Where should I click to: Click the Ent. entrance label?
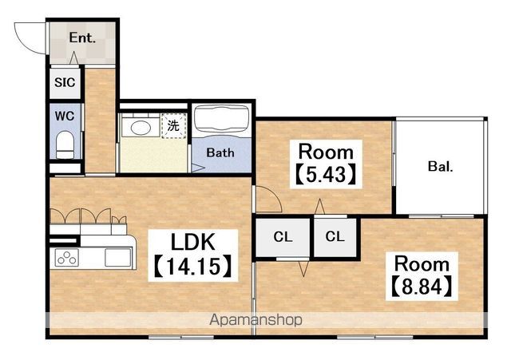click(82, 38)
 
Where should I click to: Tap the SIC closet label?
click(65, 82)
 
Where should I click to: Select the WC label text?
click(65, 116)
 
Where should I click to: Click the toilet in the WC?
click(65, 144)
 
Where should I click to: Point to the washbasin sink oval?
click(141, 128)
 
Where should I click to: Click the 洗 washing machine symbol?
click(173, 126)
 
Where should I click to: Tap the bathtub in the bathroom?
click(222, 120)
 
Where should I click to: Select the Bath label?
click(220, 152)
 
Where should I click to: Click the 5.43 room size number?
click(326, 175)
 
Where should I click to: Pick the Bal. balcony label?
click(440, 167)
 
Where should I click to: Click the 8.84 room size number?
click(422, 287)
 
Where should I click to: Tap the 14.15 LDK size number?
click(193, 267)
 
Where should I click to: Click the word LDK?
click(193, 242)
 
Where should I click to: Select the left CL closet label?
click(283, 237)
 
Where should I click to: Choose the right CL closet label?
click(335, 236)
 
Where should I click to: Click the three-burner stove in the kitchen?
click(67, 257)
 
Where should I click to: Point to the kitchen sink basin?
click(118, 257)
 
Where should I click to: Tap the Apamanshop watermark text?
click(255, 320)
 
